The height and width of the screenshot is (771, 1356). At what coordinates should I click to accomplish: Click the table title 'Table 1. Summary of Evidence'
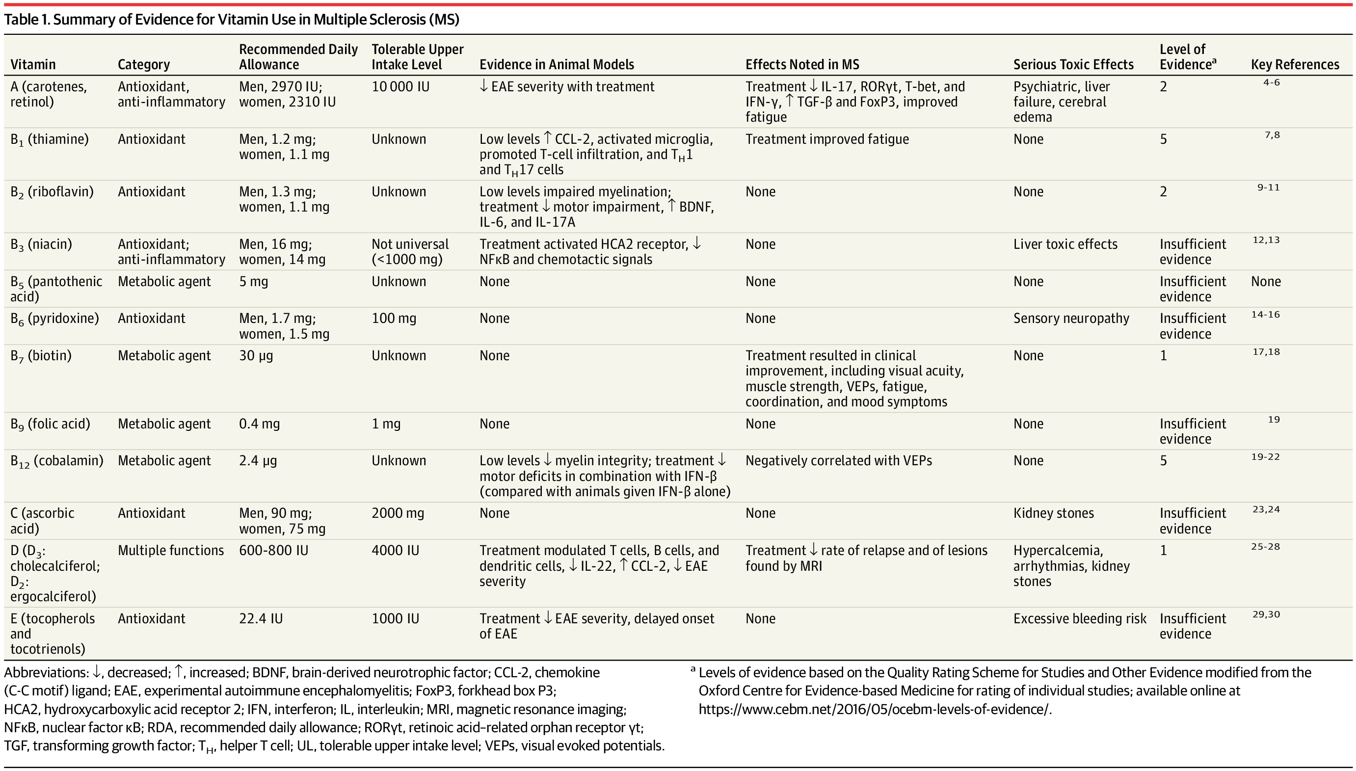[x=231, y=20]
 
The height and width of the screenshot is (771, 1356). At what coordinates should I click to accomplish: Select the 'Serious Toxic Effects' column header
[x=1073, y=65]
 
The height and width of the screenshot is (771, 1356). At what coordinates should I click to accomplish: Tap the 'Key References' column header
[x=1295, y=65]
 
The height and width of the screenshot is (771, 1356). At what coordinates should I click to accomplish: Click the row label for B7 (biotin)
[x=41, y=356]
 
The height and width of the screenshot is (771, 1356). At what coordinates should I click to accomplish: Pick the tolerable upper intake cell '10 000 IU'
[x=400, y=87]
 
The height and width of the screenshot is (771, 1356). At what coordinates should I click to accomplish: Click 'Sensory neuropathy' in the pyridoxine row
[x=1070, y=318]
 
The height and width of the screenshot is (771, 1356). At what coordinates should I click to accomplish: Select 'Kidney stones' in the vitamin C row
[x=1053, y=513]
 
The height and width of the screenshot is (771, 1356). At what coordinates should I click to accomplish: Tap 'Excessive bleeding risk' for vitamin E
[x=1080, y=618]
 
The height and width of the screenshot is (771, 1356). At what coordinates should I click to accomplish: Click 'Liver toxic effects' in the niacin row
[x=1065, y=244]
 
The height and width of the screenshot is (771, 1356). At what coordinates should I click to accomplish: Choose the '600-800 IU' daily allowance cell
[x=273, y=551]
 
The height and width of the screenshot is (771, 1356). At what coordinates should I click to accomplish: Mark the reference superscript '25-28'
[x=1265, y=547]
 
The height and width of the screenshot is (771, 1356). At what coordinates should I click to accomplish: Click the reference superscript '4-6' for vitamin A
[x=1271, y=82]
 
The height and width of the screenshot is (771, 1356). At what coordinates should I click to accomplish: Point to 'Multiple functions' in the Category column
[x=170, y=551]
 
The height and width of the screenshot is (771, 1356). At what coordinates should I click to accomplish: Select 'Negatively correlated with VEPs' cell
[x=838, y=461]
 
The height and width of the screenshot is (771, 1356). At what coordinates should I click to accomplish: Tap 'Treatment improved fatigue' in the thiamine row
[x=826, y=139]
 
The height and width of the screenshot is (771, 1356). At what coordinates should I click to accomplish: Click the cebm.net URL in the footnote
[x=873, y=709]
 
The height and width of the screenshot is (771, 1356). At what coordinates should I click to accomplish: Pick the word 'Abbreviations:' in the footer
[x=47, y=672]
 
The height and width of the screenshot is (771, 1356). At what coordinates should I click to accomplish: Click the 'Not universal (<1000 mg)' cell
[x=410, y=252]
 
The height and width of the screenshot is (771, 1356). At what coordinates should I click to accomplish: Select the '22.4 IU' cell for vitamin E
[x=261, y=618]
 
